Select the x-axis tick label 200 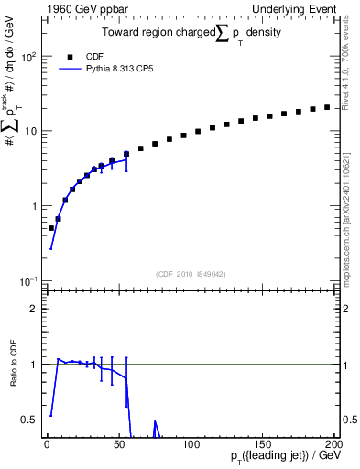pos(334,443)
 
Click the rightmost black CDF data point pos(327,107)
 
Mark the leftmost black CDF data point pos(51,228)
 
